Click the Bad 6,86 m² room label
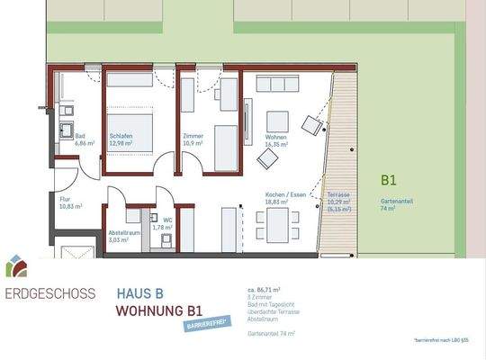click(85, 139)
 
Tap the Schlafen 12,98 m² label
click(121, 139)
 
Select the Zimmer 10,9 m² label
click(193, 139)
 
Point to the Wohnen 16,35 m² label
click(276, 139)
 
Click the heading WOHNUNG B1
click(157, 311)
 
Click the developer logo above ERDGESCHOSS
click(17, 265)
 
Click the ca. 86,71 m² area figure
click(265, 291)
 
